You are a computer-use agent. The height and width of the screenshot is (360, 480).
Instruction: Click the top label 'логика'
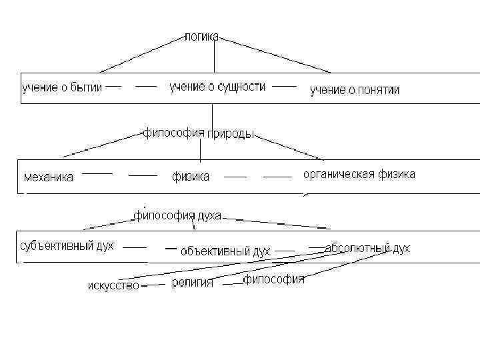[x=201, y=36]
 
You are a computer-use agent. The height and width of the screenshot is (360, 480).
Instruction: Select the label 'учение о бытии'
[x=62, y=87]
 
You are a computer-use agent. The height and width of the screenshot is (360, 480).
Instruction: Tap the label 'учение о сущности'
[x=217, y=87]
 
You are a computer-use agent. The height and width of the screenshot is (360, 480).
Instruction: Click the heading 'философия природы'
[x=199, y=133]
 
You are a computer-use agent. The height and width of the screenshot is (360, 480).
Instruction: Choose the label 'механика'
[x=49, y=177]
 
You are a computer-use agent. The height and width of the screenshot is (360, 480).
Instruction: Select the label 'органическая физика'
[x=359, y=175]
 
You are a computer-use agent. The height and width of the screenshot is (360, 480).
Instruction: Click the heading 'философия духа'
[x=177, y=215]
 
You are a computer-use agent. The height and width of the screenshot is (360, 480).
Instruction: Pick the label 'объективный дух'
[x=225, y=251]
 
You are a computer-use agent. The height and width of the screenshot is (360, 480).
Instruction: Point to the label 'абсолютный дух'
[x=367, y=248]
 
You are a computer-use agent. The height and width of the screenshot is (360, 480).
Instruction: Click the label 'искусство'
[x=113, y=286]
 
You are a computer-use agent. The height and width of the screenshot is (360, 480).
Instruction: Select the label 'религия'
[x=193, y=283]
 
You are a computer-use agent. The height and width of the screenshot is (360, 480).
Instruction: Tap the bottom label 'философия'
[x=273, y=279]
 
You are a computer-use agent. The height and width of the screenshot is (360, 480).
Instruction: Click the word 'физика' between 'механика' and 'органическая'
[x=191, y=177]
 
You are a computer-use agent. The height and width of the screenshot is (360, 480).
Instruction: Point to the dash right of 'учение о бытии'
[x=113, y=86]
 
